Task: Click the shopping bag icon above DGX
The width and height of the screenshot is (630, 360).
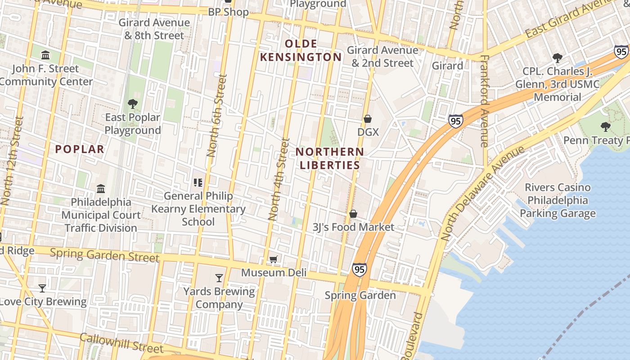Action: (x=368, y=119)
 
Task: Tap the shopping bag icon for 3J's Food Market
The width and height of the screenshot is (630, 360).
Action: (x=353, y=214)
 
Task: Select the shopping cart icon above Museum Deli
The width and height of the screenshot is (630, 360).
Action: (x=273, y=259)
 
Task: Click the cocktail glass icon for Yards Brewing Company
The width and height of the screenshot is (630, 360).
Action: (x=219, y=278)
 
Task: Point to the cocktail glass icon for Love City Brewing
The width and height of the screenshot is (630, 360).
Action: (x=42, y=288)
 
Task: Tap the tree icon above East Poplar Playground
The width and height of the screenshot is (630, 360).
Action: (x=133, y=104)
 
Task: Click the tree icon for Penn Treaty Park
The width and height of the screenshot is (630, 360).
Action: (x=606, y=127)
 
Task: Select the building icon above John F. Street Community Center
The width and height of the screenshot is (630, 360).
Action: (x=45, y=55)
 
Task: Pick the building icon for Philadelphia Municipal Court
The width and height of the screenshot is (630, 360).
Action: (x=101, y=189)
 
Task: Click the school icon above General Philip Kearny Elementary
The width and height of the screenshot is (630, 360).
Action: (x=198, y=182)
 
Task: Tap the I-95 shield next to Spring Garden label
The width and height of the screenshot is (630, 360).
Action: (x=359, y=269)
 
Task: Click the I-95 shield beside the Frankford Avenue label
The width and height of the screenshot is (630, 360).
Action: (x=455, y=121)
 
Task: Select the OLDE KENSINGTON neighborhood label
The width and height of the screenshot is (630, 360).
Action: (x=301, y=50)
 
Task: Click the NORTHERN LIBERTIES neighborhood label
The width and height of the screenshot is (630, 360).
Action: (x=330, y=158)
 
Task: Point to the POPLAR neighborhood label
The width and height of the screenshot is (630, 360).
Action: (x=80, y=149)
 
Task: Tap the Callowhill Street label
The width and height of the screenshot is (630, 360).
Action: (x=121, y=343)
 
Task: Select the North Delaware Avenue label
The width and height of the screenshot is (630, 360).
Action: (x=482, y=192)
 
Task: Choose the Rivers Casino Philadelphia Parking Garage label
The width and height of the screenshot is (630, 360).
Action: (x=558, y=200)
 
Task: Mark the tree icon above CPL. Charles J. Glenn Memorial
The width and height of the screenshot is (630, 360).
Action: (x=558, y=58)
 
